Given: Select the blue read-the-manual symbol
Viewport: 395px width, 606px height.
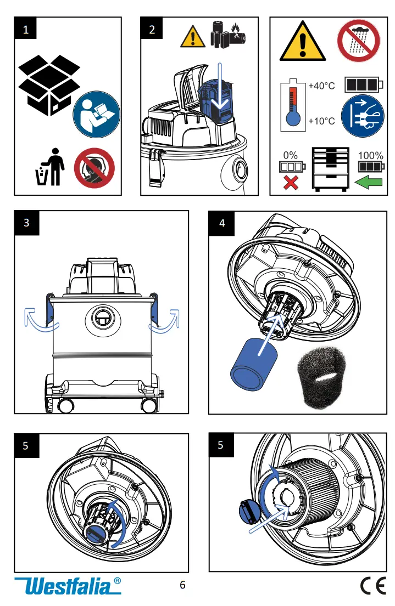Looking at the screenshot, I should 96,115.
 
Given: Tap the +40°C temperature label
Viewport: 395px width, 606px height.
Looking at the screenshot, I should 321,86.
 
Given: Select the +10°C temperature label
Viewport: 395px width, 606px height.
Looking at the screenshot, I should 321,121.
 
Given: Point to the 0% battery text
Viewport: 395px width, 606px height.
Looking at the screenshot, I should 290,156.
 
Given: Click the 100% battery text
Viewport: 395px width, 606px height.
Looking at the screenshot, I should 370,156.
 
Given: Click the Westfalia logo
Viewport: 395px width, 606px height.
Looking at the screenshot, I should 68,586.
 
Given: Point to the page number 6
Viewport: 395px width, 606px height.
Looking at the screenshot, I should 183,585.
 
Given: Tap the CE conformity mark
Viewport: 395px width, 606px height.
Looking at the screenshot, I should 372,586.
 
